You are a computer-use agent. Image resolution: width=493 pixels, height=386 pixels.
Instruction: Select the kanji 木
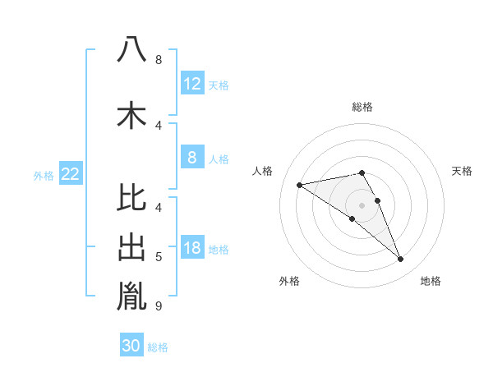(131, 115)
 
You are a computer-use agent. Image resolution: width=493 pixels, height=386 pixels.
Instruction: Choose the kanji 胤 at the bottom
(131, 296)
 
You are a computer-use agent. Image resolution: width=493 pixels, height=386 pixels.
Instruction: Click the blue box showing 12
(191, 84)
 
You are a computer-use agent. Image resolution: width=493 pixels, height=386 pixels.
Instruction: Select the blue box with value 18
(191, 249)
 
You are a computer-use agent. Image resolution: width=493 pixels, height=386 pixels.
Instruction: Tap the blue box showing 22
(71, 174)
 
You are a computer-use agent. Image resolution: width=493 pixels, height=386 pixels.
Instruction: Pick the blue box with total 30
(131, 346)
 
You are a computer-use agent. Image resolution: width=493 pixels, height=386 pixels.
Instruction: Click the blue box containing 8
(191, 158)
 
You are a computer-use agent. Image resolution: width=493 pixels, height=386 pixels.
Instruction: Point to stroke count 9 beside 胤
(159, 306)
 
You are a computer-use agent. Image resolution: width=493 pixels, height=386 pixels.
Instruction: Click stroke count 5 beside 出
(159, 257)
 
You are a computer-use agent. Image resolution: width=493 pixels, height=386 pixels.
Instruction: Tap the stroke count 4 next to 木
(159, 125)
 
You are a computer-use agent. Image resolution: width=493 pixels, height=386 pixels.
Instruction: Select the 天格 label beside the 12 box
(219, 85)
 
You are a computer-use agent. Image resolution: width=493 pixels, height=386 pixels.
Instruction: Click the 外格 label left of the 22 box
(44, 175)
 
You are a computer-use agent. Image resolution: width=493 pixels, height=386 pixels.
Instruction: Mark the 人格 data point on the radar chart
(300, 185)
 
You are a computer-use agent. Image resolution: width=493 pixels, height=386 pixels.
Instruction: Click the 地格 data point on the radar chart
(401, 260)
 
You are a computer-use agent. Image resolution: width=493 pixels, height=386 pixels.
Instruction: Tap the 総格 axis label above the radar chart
(362, 107)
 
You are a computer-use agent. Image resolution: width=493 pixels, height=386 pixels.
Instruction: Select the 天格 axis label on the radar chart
(463, 171)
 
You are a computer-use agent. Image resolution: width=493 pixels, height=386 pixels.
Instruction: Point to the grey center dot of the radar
(362, 204)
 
